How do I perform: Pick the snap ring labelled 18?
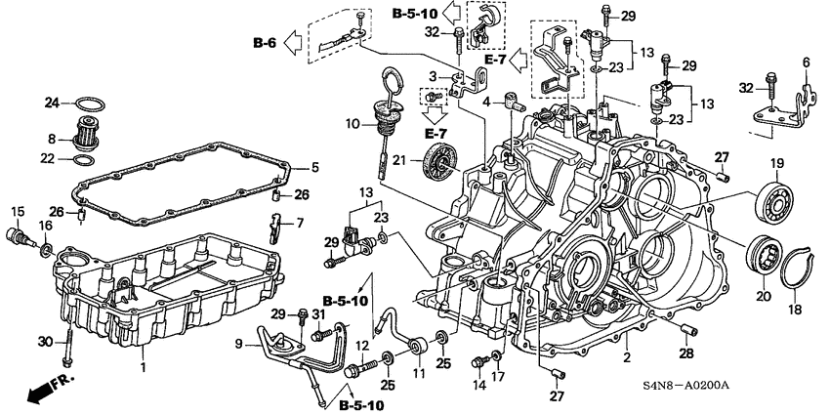coord(798,259)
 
